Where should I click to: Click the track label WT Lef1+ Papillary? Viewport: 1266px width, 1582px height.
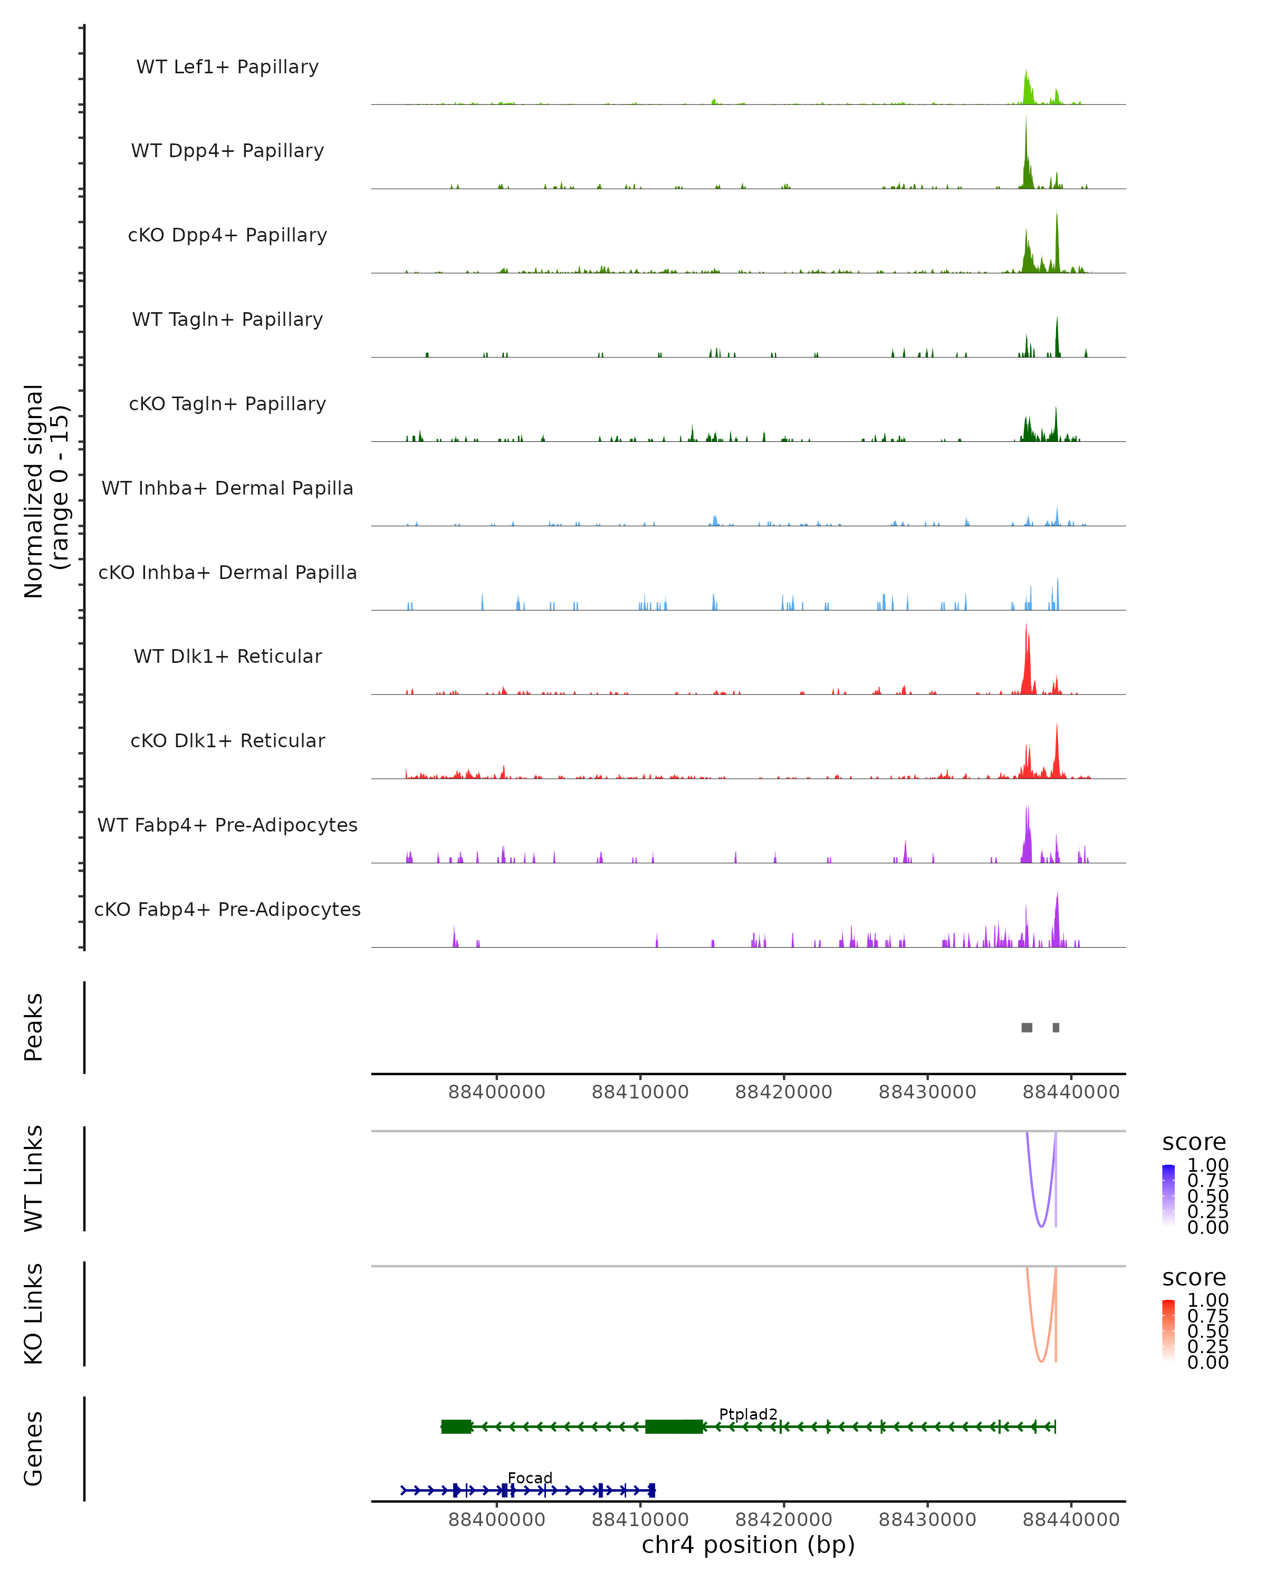coord(227,67)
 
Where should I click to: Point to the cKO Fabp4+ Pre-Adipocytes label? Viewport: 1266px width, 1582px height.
coord(227,909)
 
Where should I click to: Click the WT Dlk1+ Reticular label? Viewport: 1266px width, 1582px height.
coord(227,656)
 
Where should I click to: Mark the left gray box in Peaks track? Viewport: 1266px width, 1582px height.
coord(1027,1027)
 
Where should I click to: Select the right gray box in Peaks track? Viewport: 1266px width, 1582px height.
coord(1056,1027)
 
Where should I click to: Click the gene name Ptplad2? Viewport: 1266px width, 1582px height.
coord(748,1414)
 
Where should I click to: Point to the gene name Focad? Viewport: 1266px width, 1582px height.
coord(530,1478)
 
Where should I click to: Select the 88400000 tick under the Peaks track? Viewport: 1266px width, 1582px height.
coord(497,1092)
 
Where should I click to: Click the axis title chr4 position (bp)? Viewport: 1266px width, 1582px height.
coord(748,1545)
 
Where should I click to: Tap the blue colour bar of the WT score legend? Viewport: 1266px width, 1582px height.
coord(1168,1195)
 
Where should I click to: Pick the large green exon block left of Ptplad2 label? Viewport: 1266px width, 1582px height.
coord(674,1426)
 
